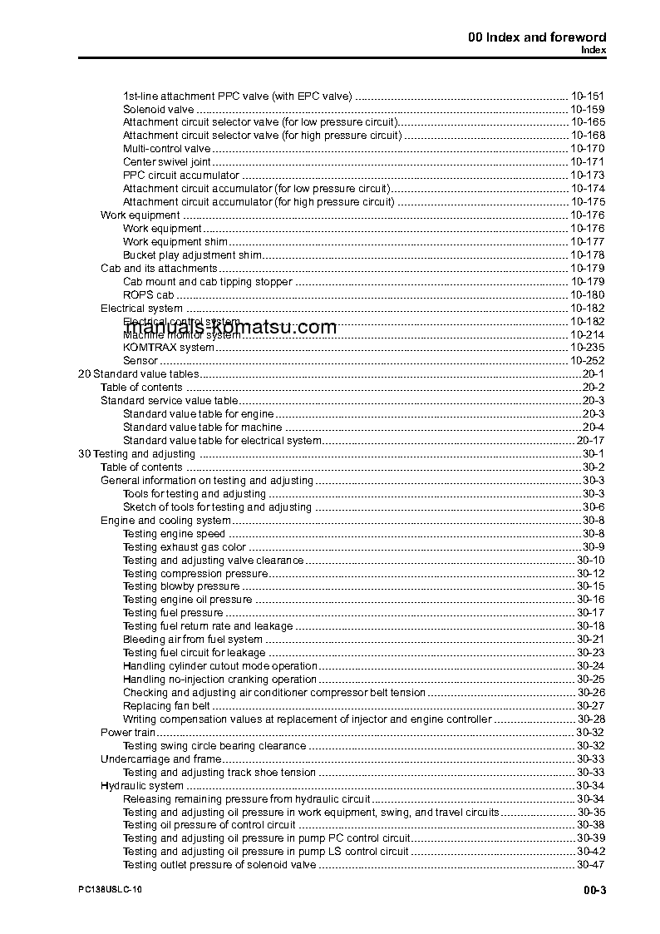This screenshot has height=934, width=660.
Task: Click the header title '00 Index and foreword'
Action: (536, 37)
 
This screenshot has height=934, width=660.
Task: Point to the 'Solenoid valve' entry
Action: (158, 109)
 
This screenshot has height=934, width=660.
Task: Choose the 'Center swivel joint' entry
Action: (166, 162)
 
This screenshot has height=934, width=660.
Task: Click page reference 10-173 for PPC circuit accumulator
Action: (587, 175)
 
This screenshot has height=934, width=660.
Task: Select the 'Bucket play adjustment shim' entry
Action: (192, 255)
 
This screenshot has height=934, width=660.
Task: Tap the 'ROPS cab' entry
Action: (148, 295)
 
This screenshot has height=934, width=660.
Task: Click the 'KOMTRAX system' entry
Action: (168, 348)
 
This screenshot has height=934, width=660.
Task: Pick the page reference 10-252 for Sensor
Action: (587, 361)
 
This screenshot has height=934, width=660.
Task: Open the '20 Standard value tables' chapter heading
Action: (138, 374)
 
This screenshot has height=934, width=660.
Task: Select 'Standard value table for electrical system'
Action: (222, 441)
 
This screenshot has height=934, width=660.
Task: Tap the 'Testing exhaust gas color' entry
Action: (184, 547)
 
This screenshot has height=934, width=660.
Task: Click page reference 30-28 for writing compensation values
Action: (590, 719)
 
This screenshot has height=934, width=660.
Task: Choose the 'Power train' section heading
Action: (128, 733)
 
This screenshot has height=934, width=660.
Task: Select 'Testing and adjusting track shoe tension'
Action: (219, 773)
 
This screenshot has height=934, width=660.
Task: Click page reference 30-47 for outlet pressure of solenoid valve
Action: (590, 866)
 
